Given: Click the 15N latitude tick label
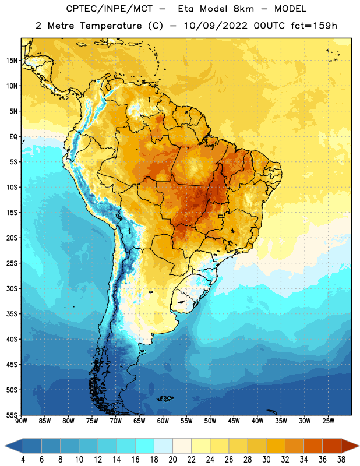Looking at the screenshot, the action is (12, 61).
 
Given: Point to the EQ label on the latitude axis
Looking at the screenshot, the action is (13, 137).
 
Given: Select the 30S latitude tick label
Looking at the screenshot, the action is (12, 288).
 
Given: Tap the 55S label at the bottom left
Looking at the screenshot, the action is (12, 415).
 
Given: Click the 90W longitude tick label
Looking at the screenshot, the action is (21, 421).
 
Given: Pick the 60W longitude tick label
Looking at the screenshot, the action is (163, 421).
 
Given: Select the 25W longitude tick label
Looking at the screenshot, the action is (328, 421).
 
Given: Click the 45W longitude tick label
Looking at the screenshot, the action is (234, 421).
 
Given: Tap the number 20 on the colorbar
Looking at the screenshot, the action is (172, 460).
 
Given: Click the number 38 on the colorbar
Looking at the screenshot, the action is (341, 460).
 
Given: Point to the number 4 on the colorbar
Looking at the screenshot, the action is (23, 460).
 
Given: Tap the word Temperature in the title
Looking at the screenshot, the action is (111, 26).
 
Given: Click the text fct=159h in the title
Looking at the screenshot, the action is (314, 26).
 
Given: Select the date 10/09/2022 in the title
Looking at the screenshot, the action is (215, 26).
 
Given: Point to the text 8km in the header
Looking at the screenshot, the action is (243, 9).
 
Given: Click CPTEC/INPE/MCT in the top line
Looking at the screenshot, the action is (110, 9).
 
